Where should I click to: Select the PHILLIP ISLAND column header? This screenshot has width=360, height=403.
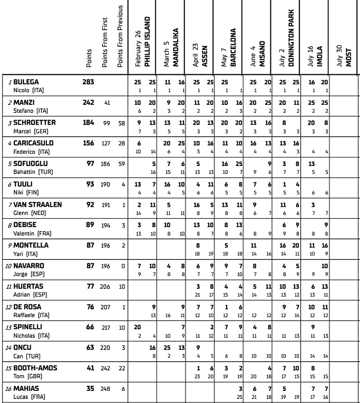coord(146,42)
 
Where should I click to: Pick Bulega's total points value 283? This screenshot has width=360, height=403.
coord(88,82)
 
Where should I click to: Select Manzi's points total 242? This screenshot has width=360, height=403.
coord(88,103)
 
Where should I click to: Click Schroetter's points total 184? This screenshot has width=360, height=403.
coord(88,123)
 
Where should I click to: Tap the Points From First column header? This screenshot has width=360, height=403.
coord(105,43)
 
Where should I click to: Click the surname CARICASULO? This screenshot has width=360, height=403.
coord(33,143)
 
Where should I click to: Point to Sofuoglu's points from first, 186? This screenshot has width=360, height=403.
coord(106,164)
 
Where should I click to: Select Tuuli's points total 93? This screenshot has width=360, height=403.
coord(90,184)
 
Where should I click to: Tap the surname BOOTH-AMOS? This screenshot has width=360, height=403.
coord(35,368)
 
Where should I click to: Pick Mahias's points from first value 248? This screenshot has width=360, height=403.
coord(106,389)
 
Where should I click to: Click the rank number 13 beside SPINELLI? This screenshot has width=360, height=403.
coord(9,327)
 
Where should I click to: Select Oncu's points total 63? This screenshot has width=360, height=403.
coord(90,348)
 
